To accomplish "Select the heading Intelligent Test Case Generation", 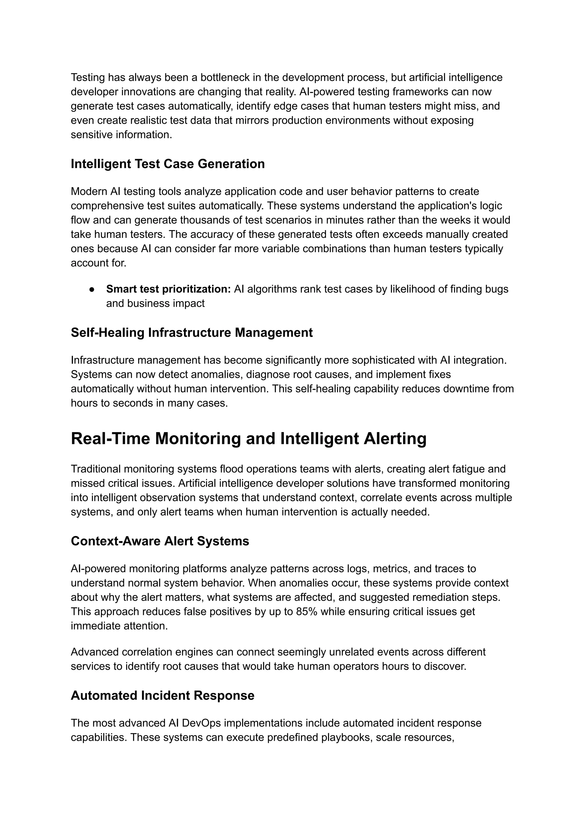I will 168,164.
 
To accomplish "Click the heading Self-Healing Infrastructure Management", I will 192,332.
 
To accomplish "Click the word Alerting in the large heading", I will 395,439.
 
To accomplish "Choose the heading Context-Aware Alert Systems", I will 160,541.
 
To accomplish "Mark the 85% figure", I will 306,612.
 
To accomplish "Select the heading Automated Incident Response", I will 162,695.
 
